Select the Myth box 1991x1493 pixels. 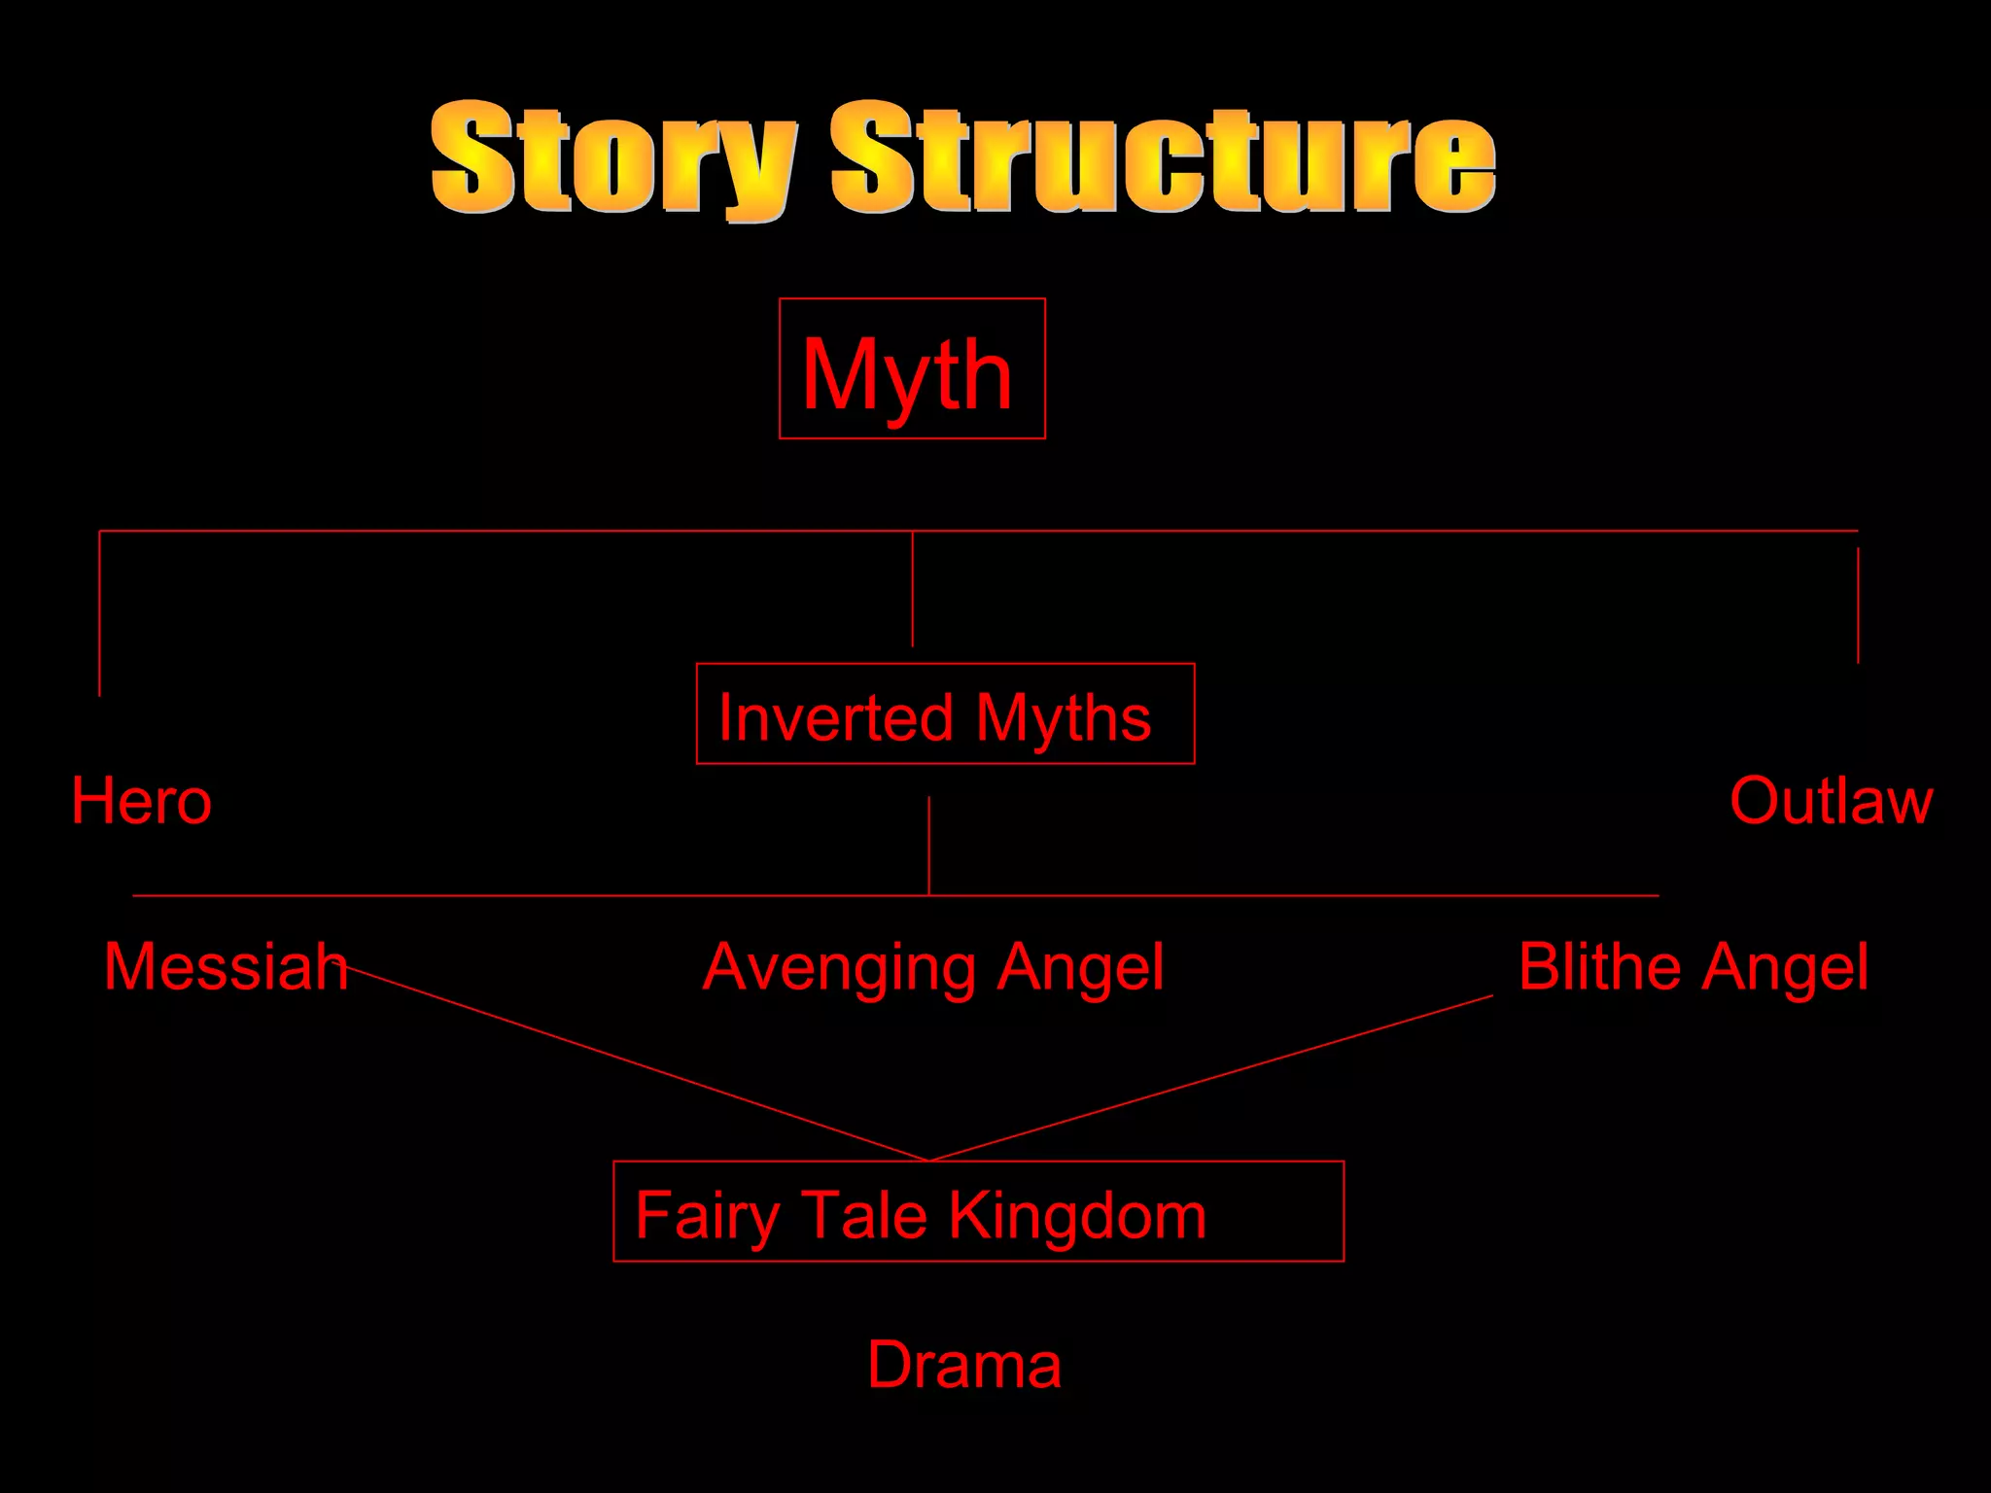[x=912, y=369]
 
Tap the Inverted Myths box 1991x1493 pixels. [x=945, y=714]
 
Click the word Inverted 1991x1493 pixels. [x=836, y=718]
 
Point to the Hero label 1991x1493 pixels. [x=142, y=802]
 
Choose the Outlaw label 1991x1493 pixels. [x=1831, y=802]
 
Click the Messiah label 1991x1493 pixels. [x=226, y=967]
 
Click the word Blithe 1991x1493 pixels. [x=1600, y=967]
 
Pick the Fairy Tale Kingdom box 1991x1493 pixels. [x=978, y=1212]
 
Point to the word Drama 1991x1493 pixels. [x=963, y=1365]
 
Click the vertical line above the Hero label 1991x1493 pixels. [x=99, y=612]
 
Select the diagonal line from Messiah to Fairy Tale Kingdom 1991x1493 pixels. [x=632, y=1062]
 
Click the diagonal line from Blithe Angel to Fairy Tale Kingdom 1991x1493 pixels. [x=1210, y=1078]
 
